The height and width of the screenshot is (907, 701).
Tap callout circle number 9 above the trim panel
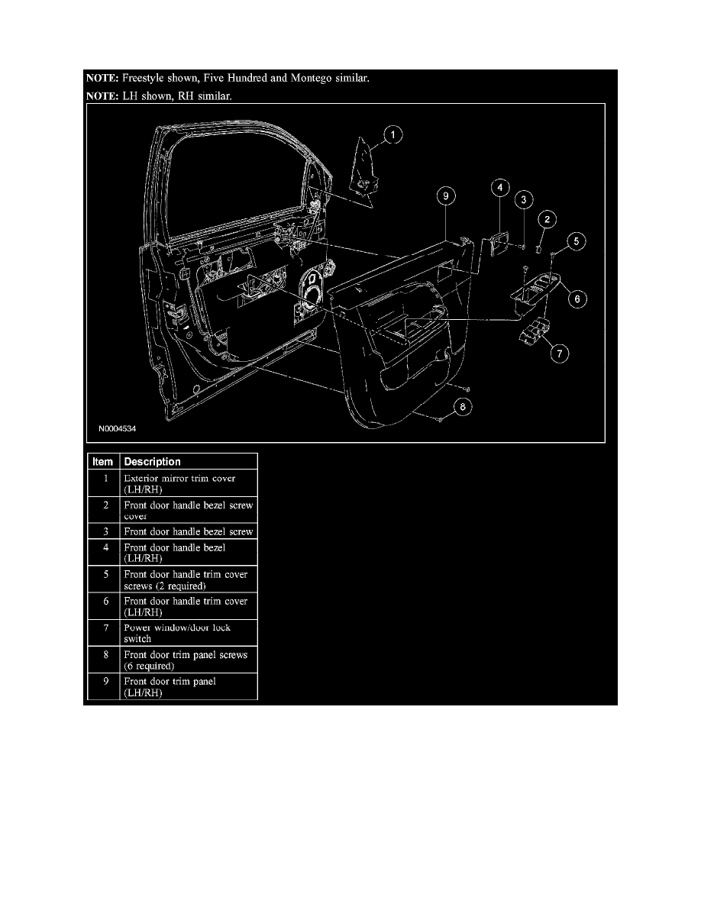point(446,196)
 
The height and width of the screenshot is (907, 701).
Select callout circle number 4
point(497,186)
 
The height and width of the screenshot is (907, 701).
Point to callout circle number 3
point(524,201)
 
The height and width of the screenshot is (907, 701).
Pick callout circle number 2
point(547,220)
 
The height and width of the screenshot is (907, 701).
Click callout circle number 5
point(577,243)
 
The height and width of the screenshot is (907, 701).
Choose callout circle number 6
point(577,300)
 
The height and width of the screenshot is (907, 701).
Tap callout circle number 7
point(560,353)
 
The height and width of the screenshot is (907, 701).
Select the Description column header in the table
point(152,462)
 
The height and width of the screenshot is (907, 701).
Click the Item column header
point(102,462)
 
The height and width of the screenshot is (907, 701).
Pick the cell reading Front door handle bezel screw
point(188,531)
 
